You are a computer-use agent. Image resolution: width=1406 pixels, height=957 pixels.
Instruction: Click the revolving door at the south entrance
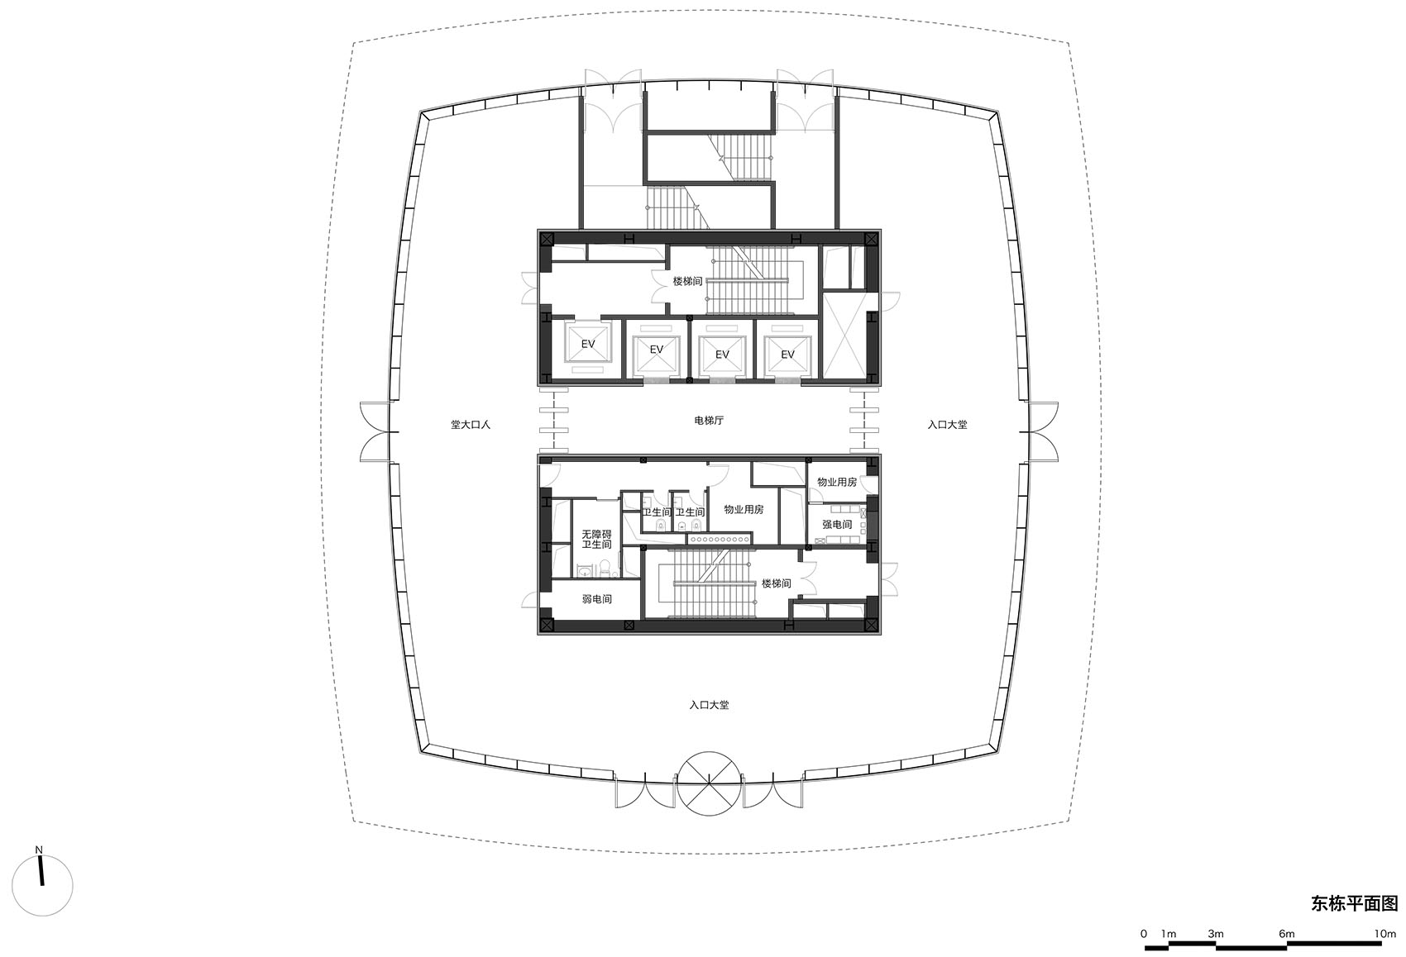(x=709, y=782)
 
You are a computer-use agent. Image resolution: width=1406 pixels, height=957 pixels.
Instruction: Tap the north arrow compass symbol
(x=41, y=883)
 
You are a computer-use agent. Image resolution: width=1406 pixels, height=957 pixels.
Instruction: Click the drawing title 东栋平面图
(x=1354, y=903)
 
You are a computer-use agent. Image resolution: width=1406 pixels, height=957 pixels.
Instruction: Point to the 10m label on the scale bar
(x=1384, y=934)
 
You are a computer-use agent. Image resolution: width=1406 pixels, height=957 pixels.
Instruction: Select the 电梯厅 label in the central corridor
(x=709, y=421)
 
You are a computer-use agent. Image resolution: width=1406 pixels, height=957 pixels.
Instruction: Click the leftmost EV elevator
(x=587, y=344)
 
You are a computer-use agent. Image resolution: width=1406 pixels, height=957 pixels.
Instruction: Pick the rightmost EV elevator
(x=787, y=355)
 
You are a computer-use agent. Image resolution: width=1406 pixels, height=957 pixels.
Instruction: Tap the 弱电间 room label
(x=596, y=599)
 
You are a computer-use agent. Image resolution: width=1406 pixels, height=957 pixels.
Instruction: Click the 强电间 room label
(x=837, y=525)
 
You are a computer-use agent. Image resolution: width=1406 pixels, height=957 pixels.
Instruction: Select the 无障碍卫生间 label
(x=596, y=540)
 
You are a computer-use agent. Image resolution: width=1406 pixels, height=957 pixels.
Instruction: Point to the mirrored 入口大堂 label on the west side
(x=471, y=425)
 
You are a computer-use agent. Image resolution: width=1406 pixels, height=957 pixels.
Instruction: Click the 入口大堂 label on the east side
(x=947, y=425)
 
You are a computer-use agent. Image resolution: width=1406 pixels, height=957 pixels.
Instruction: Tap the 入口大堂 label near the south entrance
(x=709, y=706)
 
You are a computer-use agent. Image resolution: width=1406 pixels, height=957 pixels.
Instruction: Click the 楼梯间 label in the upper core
(x=687, y=282)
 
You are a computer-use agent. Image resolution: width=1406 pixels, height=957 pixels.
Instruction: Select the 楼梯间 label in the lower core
(x=776, y=583)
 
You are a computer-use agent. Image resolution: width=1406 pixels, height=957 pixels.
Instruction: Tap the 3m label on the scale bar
(x=1215, y=934)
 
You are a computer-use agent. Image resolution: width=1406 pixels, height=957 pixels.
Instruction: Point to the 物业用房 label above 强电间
(x=837, y=482)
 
